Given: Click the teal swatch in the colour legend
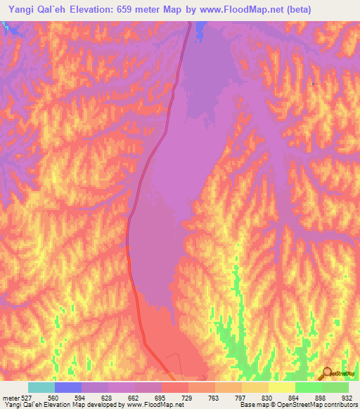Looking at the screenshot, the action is point(41,387).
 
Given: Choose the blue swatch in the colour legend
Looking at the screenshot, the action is point(68,387).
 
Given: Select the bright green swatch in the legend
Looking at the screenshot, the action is point(309,387).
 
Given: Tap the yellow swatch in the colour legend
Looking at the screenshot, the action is point(282,387).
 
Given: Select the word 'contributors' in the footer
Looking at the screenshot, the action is point(340,405).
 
